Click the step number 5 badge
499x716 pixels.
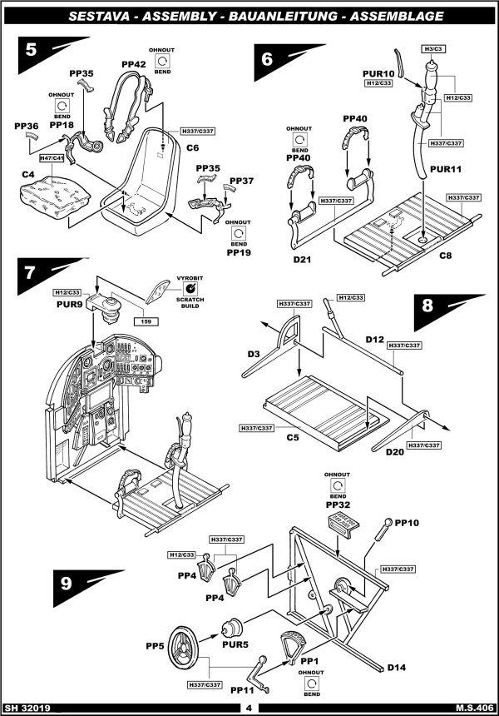(32, 49)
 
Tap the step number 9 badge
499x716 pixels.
(67, 584)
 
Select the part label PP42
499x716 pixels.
(133, 64)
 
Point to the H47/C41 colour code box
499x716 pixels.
(54, 157)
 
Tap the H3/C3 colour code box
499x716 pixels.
(432, 49)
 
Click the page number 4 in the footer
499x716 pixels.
(248, 709)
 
